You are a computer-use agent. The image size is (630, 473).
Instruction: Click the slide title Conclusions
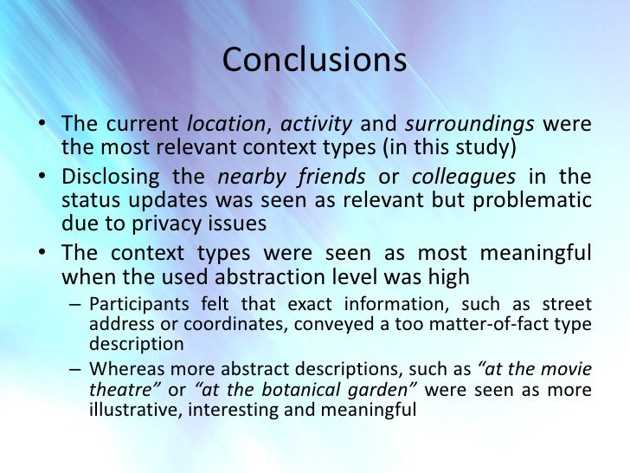pyautogui.click(x=314, y=62)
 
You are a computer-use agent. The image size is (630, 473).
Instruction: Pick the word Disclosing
pyautogui.click(x=109, y=178)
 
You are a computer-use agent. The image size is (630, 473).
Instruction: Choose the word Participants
pyautogui.click(x=137, y=306)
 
